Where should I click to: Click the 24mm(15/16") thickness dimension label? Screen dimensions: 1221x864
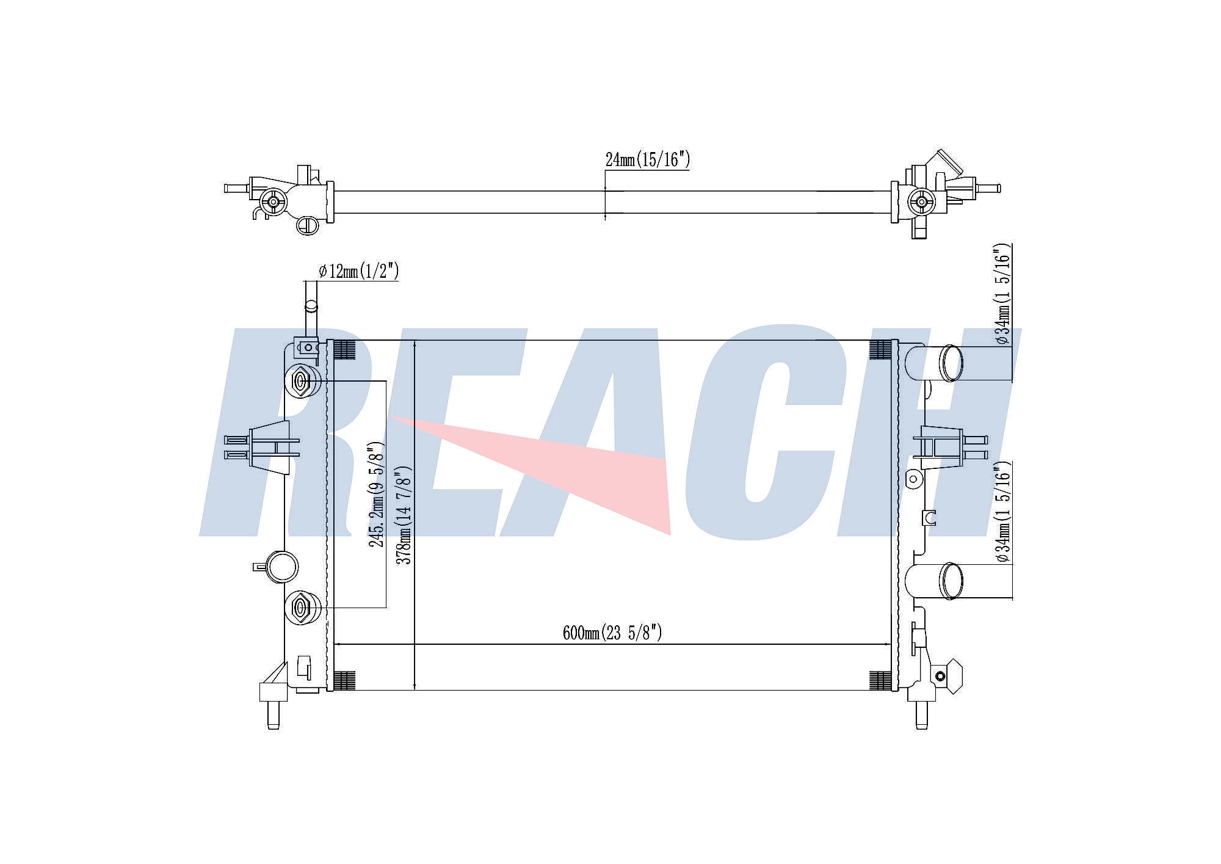pos(647,160)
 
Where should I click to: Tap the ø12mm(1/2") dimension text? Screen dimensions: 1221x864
pos(358,270)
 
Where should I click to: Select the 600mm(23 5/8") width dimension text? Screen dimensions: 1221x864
pos(612,633)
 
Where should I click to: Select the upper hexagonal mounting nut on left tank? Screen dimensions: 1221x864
pos(300,382)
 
